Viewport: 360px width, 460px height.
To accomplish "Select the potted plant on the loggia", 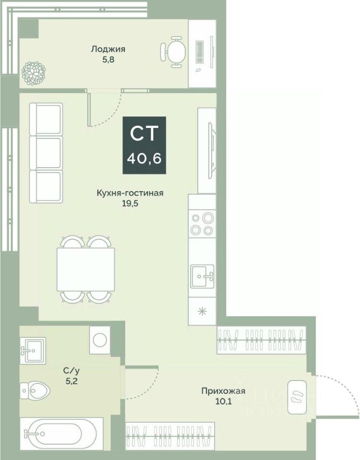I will point(34,72).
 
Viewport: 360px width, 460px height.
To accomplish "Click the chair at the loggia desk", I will point(173,51).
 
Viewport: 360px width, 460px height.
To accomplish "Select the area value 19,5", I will point(130,203).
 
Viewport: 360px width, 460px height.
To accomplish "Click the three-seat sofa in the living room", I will point(46,153).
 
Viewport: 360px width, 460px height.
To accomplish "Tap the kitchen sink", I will point(202,275).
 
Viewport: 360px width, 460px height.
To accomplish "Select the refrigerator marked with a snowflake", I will point(202,310).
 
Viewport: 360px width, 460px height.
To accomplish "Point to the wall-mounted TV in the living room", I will point(211,149).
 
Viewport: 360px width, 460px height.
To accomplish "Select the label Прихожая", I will point(223,391).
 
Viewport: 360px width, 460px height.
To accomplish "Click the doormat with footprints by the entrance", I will point(296,396).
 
